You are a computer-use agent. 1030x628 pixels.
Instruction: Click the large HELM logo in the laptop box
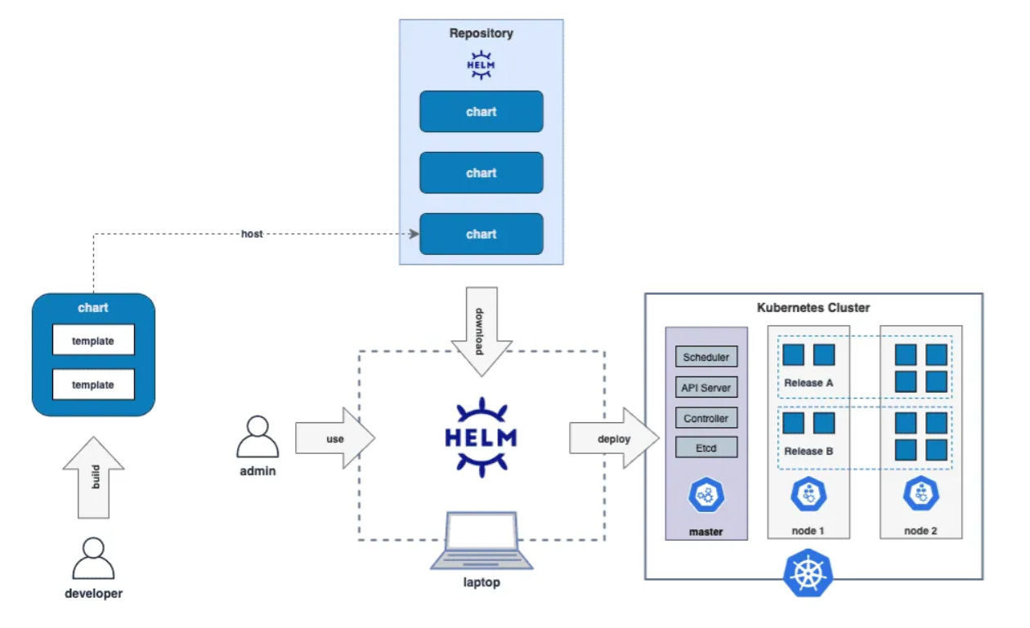(x=481, y=436)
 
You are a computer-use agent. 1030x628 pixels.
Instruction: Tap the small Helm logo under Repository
(x=481, y=65)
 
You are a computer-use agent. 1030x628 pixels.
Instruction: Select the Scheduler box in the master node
(x=706, y=357)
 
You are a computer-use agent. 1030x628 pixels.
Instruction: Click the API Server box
(x=706, y=388)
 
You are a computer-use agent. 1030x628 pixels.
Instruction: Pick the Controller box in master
(x=706, y=418)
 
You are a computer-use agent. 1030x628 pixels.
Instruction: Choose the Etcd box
(x=706, y=448)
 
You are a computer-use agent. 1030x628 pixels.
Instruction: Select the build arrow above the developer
(x=94, y=483)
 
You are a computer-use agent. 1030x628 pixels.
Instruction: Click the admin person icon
(x=257, y=438)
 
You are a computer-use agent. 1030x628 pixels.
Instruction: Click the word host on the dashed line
(x=252, y=234)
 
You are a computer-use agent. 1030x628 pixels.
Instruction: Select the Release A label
(x=808, y=382)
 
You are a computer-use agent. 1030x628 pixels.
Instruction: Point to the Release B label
(x=808, y=451)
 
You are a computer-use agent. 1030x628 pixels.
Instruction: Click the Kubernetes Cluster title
(x=813, y=308)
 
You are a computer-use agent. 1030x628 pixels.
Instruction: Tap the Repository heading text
(x=481, y=33)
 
